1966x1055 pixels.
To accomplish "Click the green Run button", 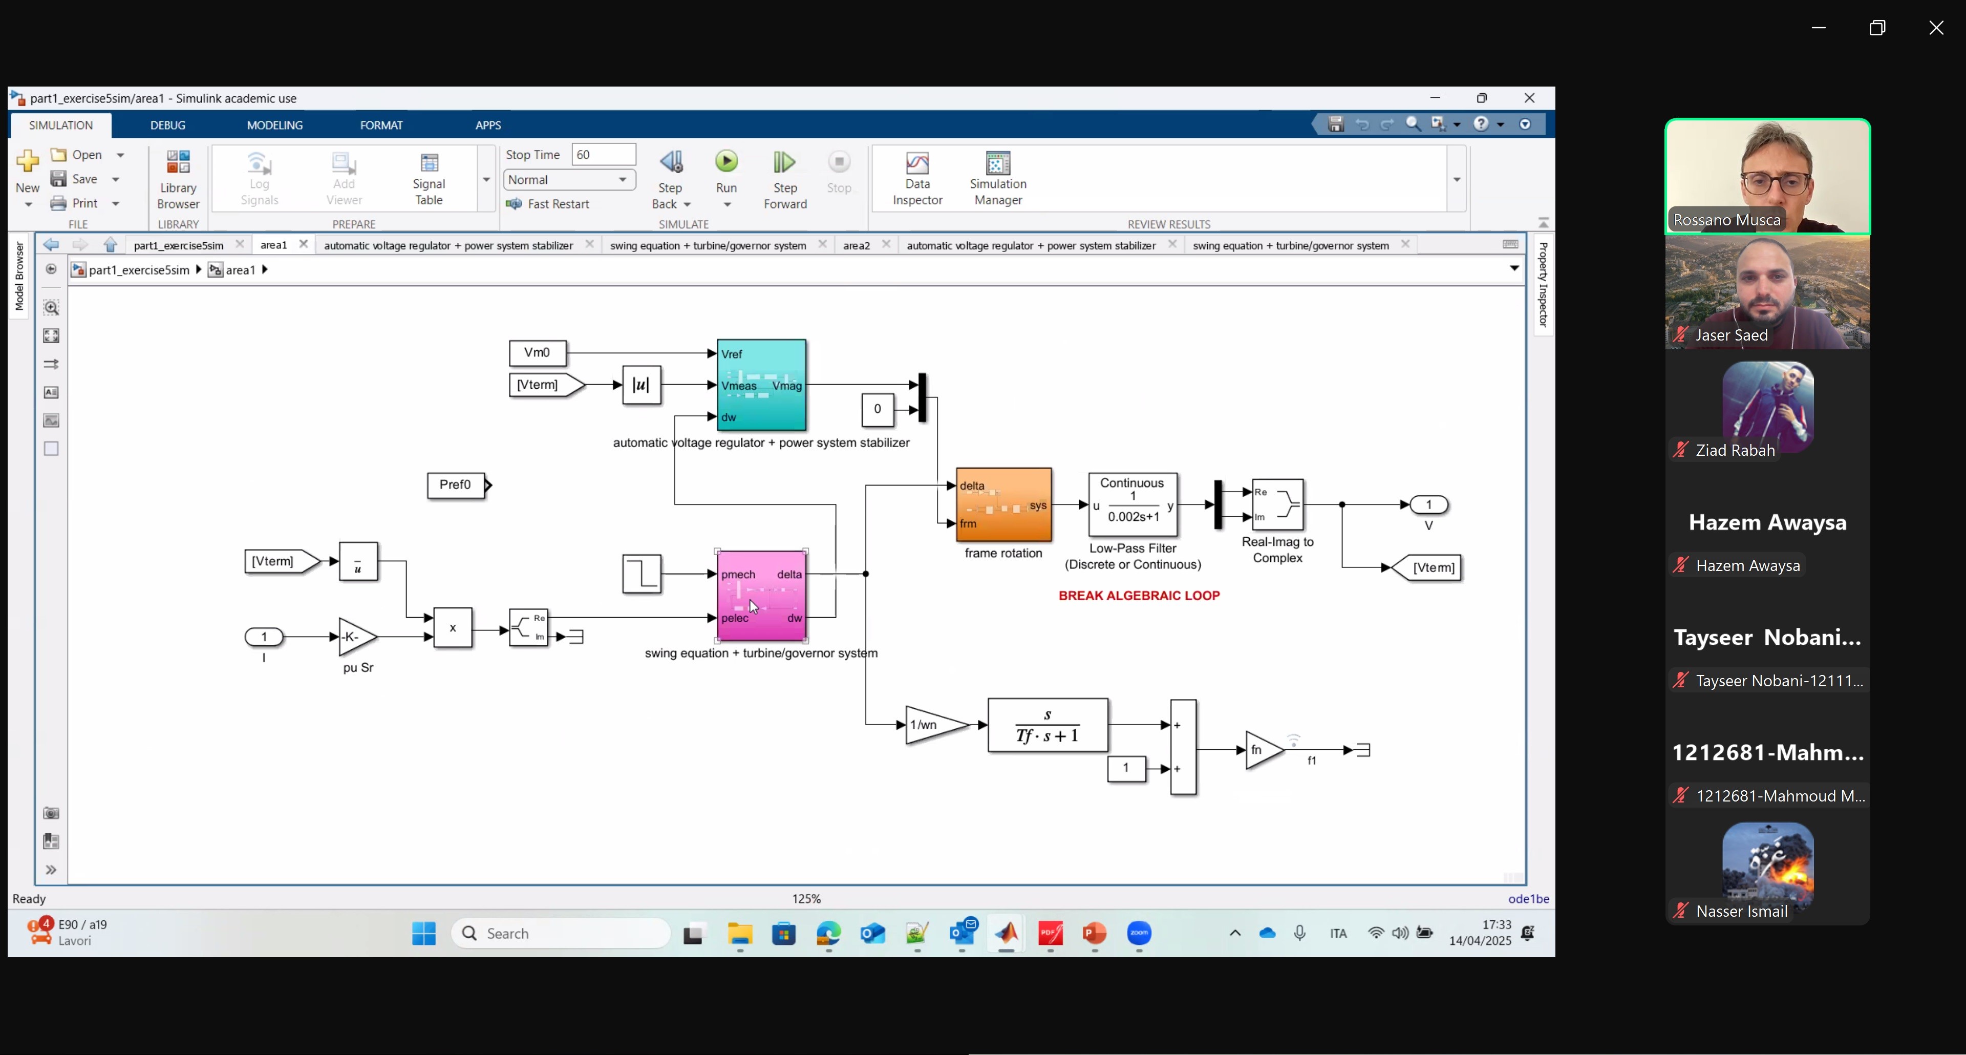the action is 726,162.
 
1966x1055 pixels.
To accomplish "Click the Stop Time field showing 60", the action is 604,154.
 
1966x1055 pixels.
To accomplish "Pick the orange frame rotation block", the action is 1003,504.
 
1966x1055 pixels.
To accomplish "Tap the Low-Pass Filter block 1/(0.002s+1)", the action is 1132,504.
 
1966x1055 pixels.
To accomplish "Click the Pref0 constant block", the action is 456,485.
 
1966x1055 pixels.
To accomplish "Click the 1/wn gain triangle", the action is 936,725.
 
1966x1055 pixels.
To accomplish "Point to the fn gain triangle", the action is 1263,750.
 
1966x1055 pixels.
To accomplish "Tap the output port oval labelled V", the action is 1429,504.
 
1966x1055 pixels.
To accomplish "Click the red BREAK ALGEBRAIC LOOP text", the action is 1139,596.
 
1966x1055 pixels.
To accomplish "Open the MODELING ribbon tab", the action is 275,125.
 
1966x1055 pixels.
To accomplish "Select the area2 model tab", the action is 857,245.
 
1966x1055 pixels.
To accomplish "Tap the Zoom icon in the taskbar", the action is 1139,933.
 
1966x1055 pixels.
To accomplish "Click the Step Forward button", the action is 784,179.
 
